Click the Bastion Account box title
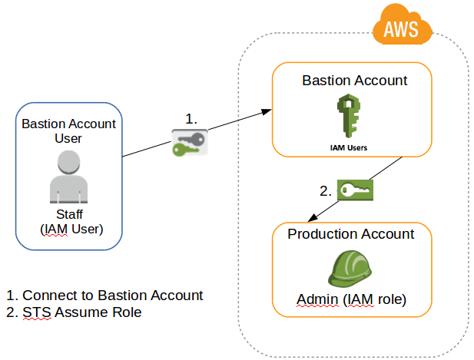(354, 81)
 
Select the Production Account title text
(350, 234)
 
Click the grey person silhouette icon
(69, 176)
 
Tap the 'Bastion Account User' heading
(68, 131)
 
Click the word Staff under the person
(69, 215)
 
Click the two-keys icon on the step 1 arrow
(188, 143)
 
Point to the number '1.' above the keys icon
(191, 119)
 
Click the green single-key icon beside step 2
(355, 190)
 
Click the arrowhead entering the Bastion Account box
(266, 112)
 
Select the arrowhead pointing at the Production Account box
(312, 220)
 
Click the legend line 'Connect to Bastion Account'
(104, 296)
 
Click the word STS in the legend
(35, 312)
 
